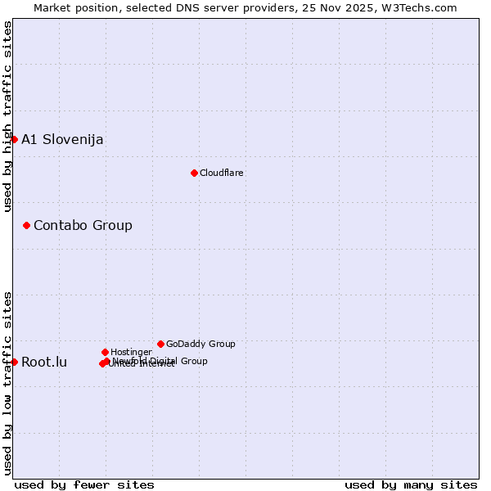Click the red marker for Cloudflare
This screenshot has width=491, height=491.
tap(194, 173)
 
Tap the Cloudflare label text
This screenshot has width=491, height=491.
tap(222, 173)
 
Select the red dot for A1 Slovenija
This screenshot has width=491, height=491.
tap(14, 139)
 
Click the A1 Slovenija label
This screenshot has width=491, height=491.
tap(62, 139)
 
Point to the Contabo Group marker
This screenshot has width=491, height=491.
tap(26, 225)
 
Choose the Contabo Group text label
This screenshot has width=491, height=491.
tap(83, 225)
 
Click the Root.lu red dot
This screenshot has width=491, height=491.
tap(14, 362)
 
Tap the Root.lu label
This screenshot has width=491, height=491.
tap(44, 362)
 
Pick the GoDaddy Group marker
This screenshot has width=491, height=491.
tap(160, 344)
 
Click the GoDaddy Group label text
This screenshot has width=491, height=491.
tap(200, 345)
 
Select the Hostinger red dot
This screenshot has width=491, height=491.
tap(105, 352)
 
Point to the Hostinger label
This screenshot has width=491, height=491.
tap(131, 353)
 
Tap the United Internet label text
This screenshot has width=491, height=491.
tap(142, 365)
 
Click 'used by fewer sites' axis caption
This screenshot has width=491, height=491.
tap(84, 484)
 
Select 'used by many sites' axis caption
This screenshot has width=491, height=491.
tap(411, 484)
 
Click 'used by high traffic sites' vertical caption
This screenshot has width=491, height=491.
tap(7, 116)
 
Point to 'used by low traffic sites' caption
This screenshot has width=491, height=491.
tap(7, 382)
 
